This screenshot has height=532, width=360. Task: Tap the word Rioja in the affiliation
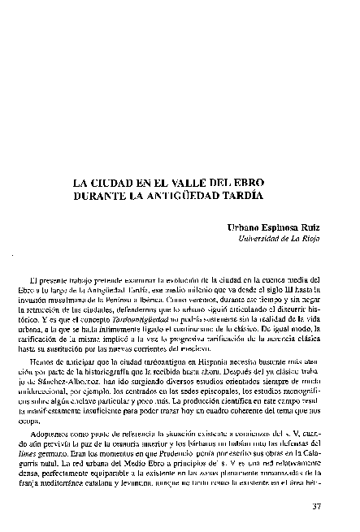point(310,240)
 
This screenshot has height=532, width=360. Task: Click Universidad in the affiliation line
point(259,240)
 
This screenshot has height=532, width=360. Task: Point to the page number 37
point(318,508)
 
